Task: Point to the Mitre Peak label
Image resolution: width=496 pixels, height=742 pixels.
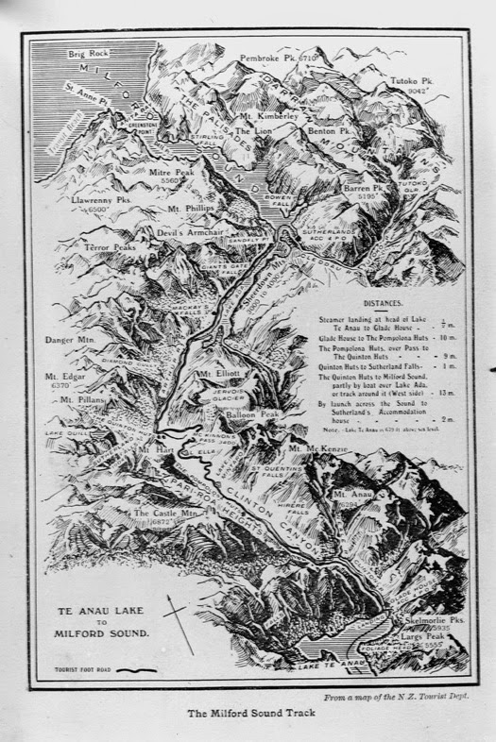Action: coord(172,174)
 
